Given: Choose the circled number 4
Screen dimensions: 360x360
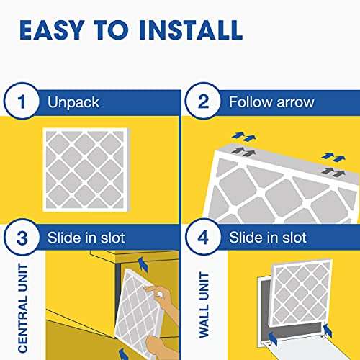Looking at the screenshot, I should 202,237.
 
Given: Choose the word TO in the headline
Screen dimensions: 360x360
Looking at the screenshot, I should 107,30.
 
